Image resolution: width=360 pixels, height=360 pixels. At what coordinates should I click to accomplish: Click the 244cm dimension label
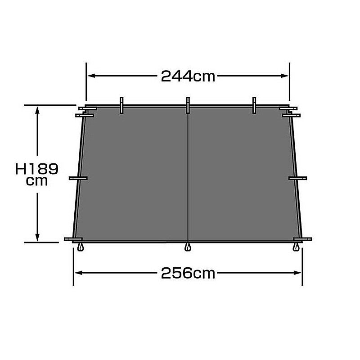[188, 76]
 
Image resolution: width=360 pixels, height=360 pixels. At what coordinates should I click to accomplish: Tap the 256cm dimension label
[188, 273]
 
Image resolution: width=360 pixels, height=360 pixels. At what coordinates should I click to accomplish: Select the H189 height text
[37, 169]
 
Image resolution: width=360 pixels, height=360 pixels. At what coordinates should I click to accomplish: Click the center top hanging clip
[188, 105]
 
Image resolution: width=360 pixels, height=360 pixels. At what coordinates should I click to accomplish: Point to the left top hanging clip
[121, 105]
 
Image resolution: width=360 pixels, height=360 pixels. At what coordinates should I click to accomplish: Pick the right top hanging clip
[254, 105]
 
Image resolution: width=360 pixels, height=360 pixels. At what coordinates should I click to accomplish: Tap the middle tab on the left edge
[78, 178]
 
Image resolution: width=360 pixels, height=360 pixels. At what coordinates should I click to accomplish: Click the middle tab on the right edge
[297, 178]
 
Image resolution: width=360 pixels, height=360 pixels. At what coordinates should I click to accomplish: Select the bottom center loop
[188, 247]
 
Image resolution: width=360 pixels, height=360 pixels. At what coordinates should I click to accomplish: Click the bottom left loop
[81, 247]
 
